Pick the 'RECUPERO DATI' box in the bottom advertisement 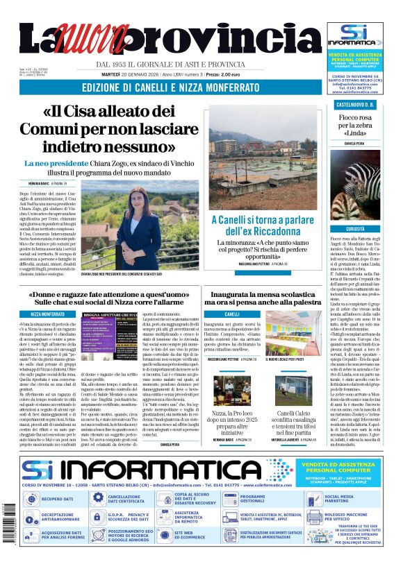tap(57, 499)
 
